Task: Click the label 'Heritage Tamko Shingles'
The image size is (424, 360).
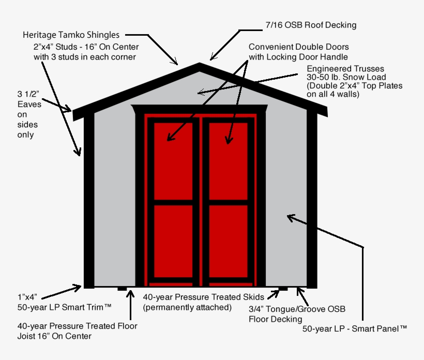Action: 71,35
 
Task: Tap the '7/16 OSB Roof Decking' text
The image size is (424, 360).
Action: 310,25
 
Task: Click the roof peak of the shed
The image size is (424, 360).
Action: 200,66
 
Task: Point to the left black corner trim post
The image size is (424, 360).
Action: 89,202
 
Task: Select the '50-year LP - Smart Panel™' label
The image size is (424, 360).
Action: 355,328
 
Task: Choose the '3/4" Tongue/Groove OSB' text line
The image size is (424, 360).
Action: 297,309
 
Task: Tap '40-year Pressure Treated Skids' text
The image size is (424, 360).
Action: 204,297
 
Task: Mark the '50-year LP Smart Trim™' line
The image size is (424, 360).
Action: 65,307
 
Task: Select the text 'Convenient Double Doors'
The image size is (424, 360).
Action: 299,47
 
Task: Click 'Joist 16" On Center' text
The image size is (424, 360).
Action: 54,336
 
